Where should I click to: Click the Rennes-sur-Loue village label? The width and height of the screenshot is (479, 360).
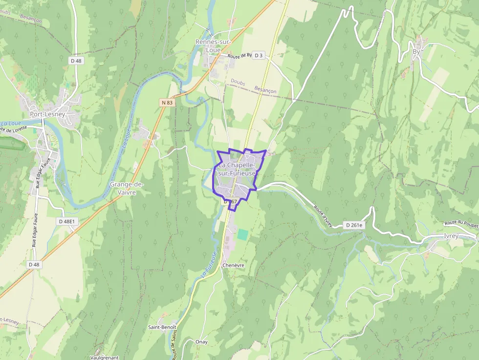click(213, 46)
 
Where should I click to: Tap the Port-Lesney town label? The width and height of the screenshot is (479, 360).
click(47, 114)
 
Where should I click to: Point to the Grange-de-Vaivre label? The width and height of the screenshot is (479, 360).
click(126, 189)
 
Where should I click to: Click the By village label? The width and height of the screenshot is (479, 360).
click(416, 51)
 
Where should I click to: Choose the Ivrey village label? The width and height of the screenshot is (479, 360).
click(451, 235)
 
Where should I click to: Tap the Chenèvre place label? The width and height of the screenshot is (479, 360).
click(233, 265)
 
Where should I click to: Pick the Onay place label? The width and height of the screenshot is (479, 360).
click(201, 342)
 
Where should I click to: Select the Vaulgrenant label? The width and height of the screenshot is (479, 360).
click(105, 357)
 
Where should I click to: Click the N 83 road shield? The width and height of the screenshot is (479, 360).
click(167, 103)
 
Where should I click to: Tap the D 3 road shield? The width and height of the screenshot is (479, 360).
click(259, 55)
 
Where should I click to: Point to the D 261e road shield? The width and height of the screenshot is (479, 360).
click(354, 225)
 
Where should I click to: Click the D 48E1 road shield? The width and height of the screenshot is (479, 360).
click(67, 221)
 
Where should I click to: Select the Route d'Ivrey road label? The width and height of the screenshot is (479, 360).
click(323, 216)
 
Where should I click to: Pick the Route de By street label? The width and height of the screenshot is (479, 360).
click(239, 56)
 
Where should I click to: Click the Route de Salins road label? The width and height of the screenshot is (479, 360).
click(174, 344)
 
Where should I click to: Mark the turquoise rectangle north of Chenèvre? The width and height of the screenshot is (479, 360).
click(242, 234)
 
